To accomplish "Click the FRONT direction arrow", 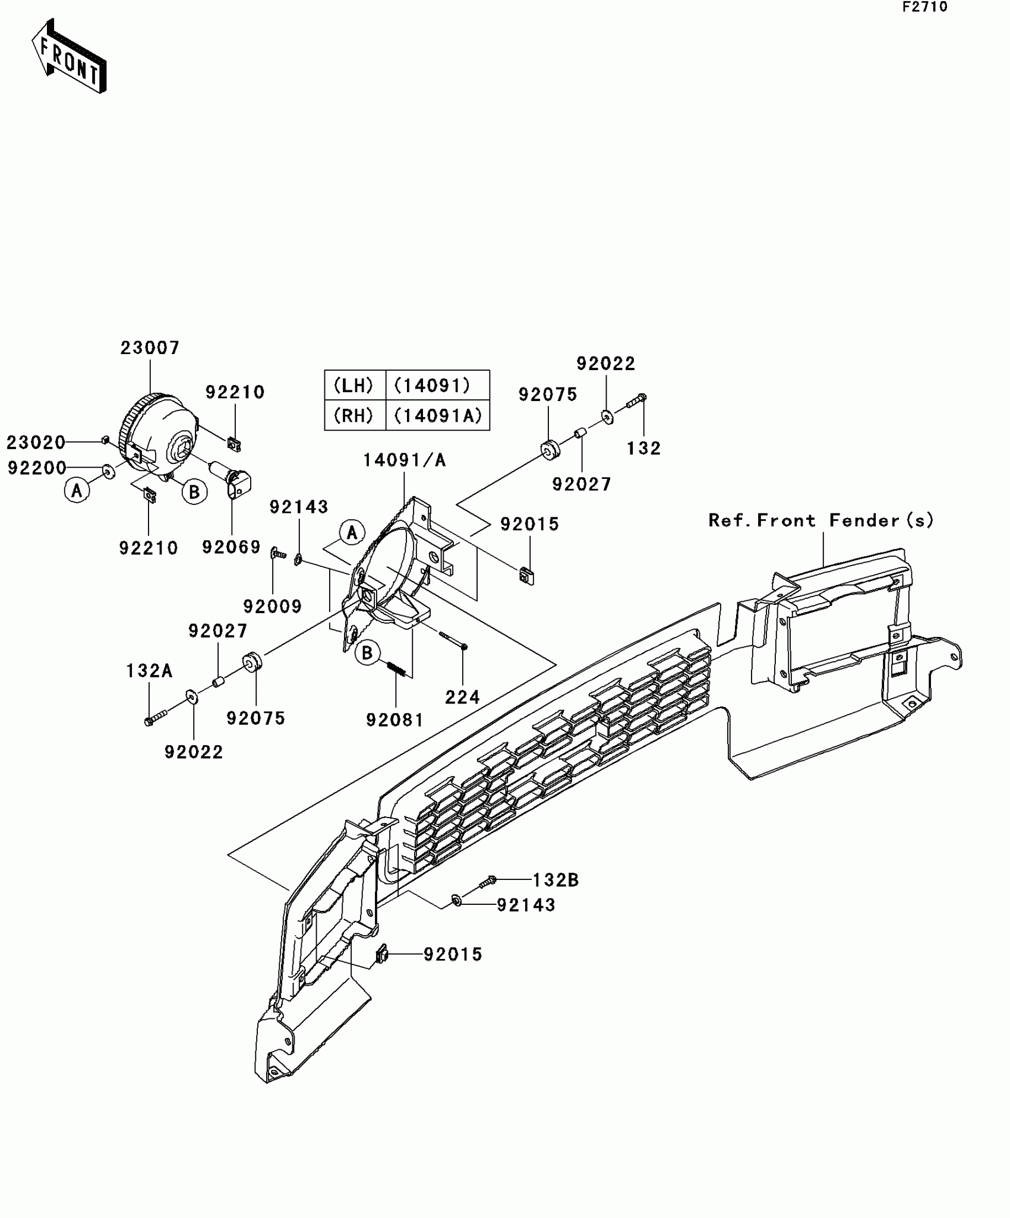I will pos(69,57).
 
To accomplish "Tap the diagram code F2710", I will pos(925,7).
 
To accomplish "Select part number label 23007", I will pos(150,348).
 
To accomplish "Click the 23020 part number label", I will pos(36,442).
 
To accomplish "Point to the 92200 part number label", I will pos(37,468).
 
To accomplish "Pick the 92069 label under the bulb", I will pos(231,547).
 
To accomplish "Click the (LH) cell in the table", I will pos(354,386).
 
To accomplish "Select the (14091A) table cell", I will pos(438,415).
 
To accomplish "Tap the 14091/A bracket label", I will pos(405,460).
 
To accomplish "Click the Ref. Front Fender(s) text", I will pos(821,520).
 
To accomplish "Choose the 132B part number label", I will pos(555,880).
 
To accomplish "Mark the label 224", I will pos(462,696).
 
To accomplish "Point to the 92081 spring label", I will pos(394,720).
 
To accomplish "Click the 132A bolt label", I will pos(149,671).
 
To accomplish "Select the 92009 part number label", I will pos(273,607).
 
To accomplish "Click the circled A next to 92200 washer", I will pos(77,491).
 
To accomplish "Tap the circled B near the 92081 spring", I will pos(367,653).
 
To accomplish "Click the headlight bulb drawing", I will pos(233,478).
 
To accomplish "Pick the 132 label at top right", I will pos(644,448).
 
